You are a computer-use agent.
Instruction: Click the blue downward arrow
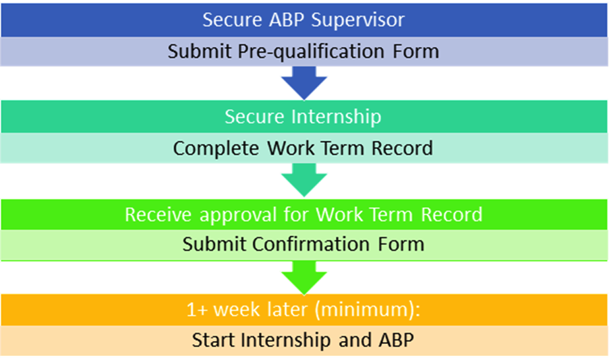click(304, 82)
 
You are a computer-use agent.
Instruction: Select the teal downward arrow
click(304, 179)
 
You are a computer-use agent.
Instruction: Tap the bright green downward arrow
click(304, 277)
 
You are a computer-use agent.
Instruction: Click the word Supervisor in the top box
click(357, 20)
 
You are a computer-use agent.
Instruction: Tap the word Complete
click(216, 148)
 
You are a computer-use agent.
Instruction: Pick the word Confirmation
click(311, 244)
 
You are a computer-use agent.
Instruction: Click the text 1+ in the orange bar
click(198, 310)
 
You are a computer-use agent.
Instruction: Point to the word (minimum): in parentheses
click(368, 310)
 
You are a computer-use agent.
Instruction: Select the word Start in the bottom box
click(214, 340)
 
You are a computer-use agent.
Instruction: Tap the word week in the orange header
click(237, 309)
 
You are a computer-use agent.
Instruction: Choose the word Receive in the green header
click(158, 214)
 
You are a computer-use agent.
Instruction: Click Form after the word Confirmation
click(401, 244)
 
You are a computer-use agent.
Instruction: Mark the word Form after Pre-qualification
click(416, 51)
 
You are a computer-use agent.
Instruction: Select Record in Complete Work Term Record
click(402, 148)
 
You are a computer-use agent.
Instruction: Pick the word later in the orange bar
click(287, 309)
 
